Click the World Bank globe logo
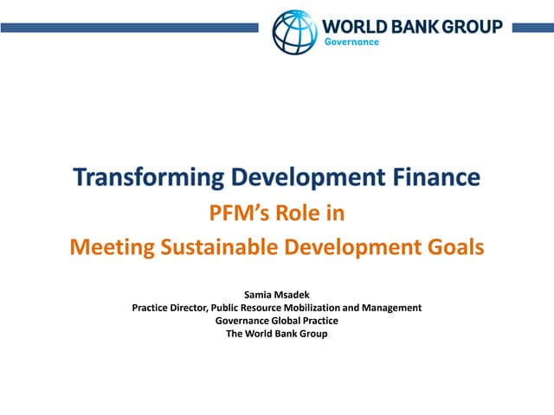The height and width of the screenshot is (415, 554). pos(294,31)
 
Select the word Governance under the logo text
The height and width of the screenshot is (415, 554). pos(351,42)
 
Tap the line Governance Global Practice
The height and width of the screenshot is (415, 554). pos(277,321)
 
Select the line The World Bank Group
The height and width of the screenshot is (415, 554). pos(277,334)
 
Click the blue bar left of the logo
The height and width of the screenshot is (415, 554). pos(130,28)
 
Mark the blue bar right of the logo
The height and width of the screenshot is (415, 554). pos(531,28)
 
